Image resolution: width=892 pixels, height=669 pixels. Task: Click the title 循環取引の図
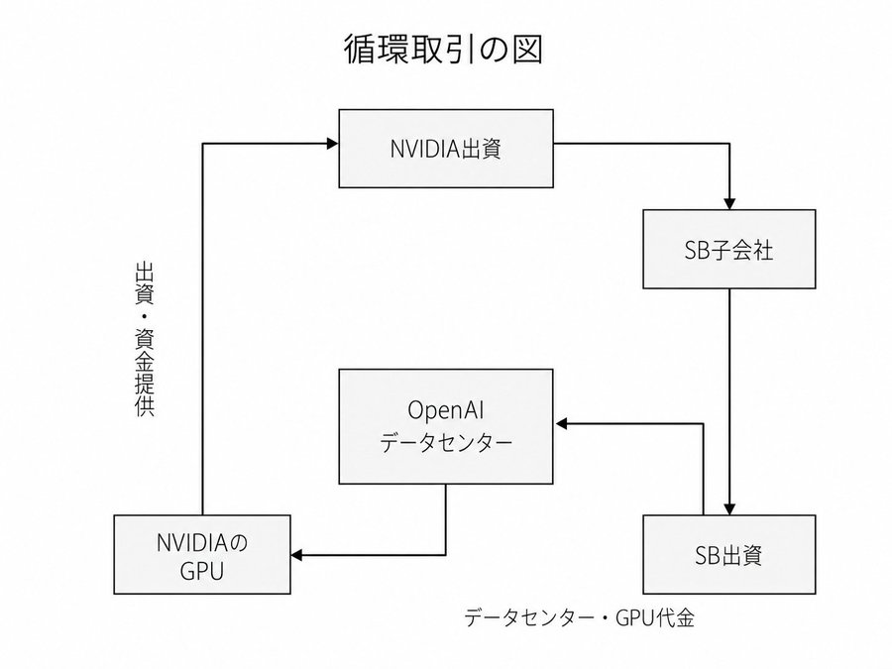pyautogui.click(x=443, y=50)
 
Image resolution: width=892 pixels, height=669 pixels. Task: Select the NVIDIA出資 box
pyautogui.click(x=446, y=149)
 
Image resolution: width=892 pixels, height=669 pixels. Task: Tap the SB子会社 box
pyautogui.click(x=728, y=249)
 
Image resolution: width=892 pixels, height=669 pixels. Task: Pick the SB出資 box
pyautogui.click(x=728, y=555)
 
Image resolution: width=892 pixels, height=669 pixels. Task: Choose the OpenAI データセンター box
pyautogui.click(x=446, y=426)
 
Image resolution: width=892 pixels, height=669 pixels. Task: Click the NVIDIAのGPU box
pyautogui.click(x=202, y=555)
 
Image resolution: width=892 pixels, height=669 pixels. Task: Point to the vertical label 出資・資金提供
pyautogui.click(x=145, y=339)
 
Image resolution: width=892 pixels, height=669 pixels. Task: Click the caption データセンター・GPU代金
pyautogui.click(x=579, y=617)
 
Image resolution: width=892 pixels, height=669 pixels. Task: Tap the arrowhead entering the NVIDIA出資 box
pyautogui.click(x=333, y=144)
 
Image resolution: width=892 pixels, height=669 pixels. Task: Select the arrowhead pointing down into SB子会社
pyautogui.click(x=729, y=203)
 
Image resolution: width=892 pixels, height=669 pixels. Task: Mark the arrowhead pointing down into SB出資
pyautogui.click(x=729, y=509)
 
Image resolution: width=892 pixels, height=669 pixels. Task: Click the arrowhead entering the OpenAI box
pyautogui.click(x=561, y=424)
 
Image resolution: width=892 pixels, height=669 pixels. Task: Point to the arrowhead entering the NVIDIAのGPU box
pyautogui.click(x=296, y=555)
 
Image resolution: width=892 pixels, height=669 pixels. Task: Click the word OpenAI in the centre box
pyautogui.click(x=446, y=410)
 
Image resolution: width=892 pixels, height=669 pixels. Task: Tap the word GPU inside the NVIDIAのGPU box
pyautogui.click(x=202, y=571)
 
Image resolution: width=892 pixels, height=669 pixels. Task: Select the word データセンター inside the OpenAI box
pyautogui.click(x=446, y=443)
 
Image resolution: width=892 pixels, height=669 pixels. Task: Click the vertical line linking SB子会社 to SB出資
pyautogui.click(x=729, y=395)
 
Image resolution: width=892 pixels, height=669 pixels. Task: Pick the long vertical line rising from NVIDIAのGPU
pyautogui.click(x=202, y=329)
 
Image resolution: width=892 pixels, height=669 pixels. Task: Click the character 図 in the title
pyautogui.click(x=527, y=50)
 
